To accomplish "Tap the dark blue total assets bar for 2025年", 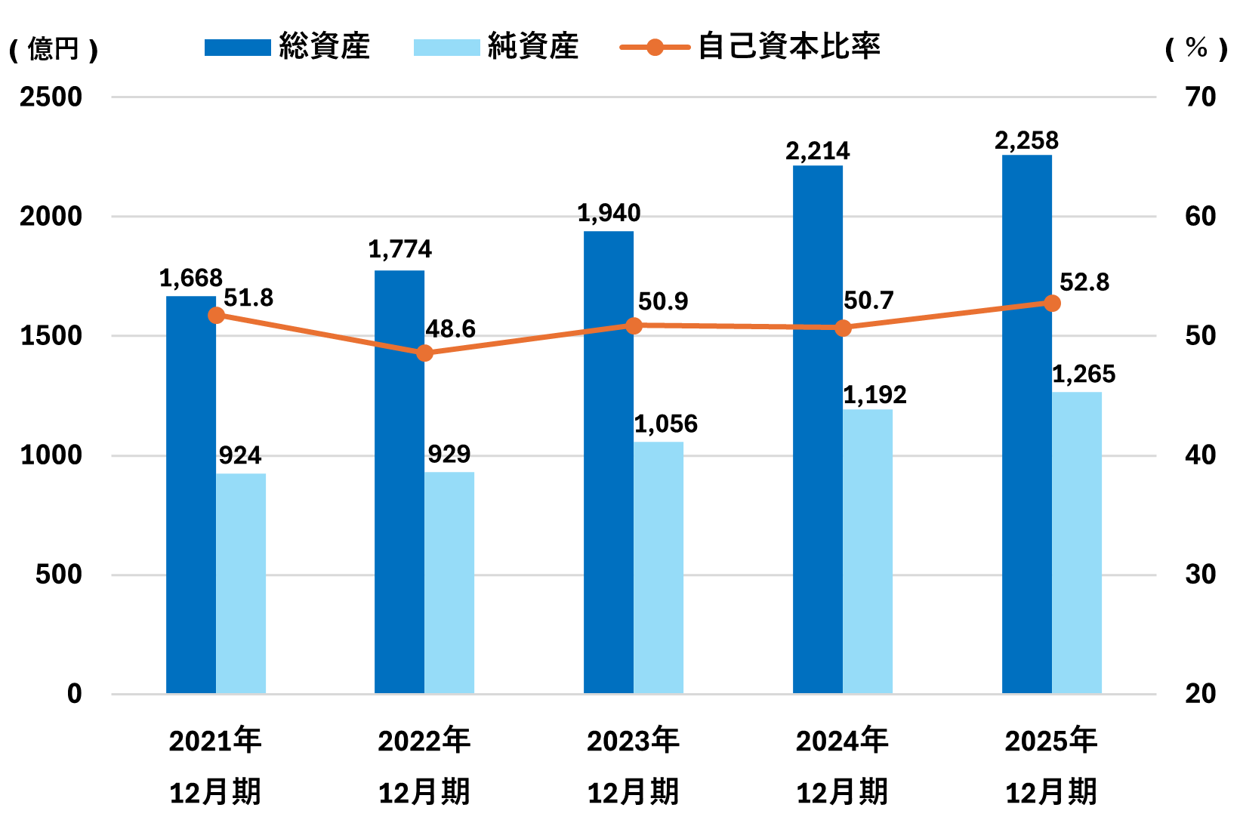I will [1026, 424].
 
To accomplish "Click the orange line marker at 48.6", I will [425, 353].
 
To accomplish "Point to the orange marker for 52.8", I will [1052, 304].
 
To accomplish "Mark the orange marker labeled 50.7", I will [844, 328].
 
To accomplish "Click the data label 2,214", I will [818, 152].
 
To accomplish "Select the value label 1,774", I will [399, 249].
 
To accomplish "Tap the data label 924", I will [240, 455].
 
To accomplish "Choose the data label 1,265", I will [1084, 374].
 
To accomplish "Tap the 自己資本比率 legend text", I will [788, 47].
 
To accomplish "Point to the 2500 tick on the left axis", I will [51, 97].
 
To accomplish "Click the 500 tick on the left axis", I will [58, 575].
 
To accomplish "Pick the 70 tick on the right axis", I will [1201, 97].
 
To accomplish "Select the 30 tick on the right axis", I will [1201, 575].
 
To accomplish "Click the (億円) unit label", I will [54, 50].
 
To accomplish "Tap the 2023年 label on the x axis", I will [634, 741].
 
